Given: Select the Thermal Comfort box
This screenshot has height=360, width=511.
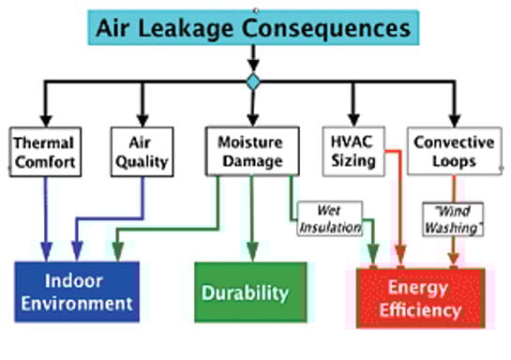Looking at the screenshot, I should [43, 152].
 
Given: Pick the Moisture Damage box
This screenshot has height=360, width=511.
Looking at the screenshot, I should [250, 152].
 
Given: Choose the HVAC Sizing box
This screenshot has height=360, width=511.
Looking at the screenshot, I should [353, 152].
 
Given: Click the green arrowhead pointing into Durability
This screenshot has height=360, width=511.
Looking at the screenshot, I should [250, 254].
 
